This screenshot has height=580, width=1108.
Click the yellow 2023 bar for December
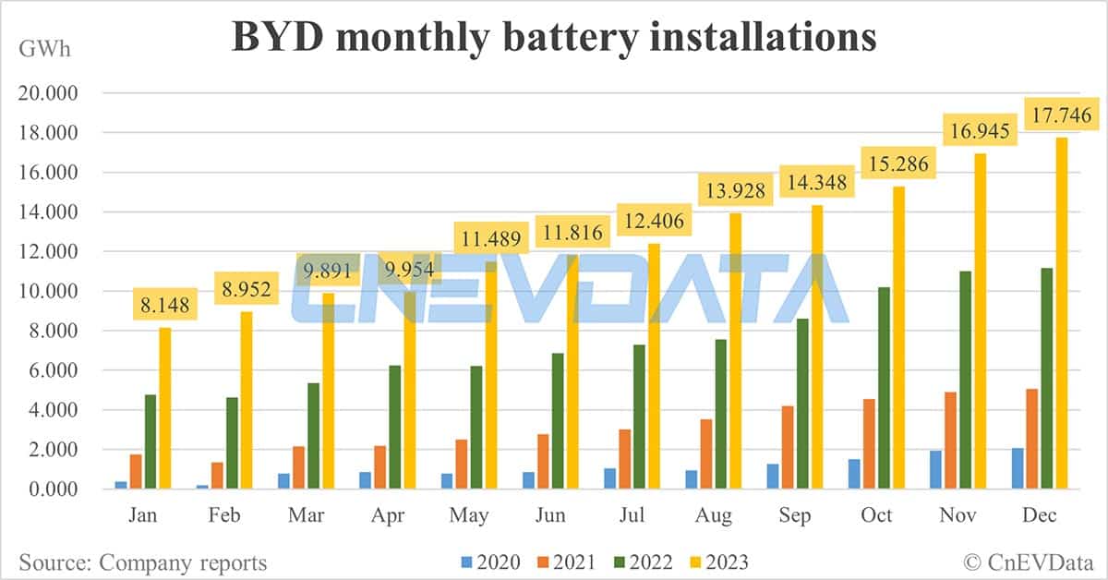coord(1061,314)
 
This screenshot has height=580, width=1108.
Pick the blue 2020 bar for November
coord(934,469)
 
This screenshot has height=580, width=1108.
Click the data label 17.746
coord(1059,116)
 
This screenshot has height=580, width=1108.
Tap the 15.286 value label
coord(895,164)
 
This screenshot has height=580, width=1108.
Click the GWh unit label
coord(42,48)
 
